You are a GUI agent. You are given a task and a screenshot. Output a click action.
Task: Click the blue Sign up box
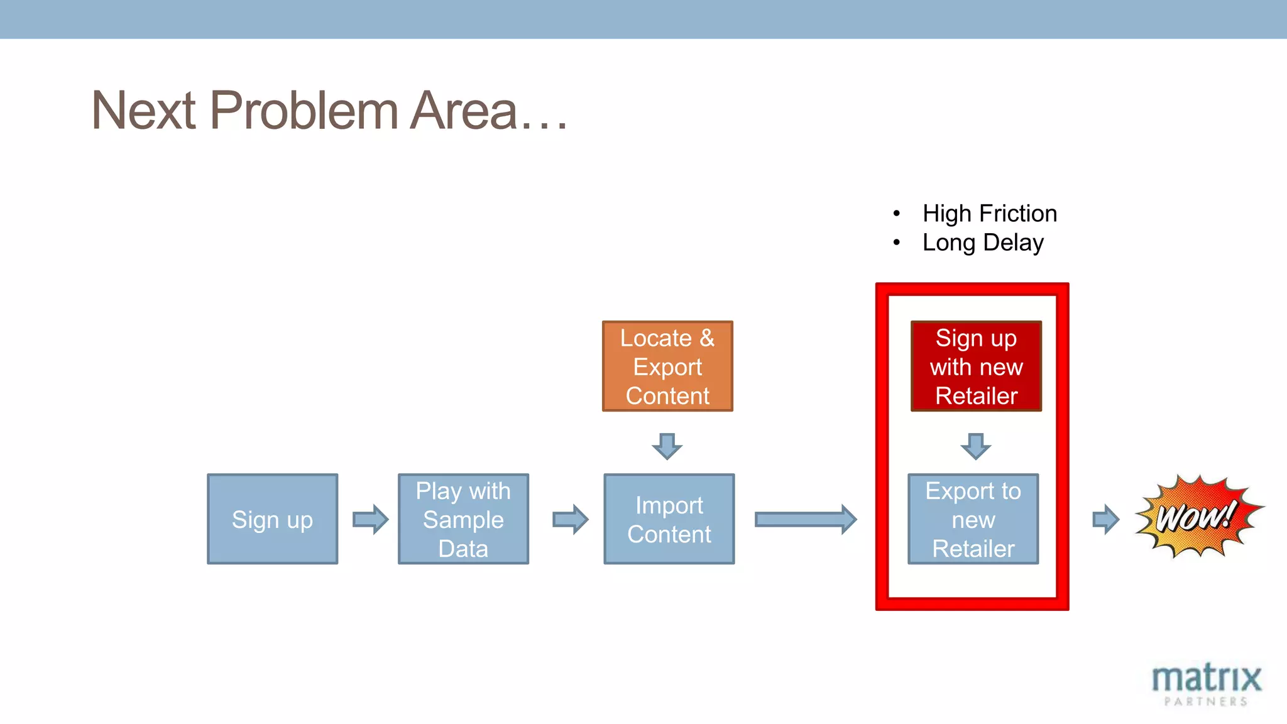(x=272, y=519)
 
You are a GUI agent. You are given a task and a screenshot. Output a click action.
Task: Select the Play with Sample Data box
(x=463, y=519)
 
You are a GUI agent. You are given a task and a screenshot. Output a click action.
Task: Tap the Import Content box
(x=669, y=519)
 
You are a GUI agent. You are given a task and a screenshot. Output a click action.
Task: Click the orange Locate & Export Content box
(x=667, y=366)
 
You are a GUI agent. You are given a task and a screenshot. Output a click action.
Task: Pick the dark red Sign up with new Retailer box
(x=976, y=366)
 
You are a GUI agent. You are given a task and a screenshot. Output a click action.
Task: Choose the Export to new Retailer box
(x=973, y=519)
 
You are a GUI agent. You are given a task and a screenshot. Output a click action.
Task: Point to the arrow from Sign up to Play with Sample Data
(x=371, y=519)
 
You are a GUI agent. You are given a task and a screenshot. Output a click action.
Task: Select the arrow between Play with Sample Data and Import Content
(x=571, y=519)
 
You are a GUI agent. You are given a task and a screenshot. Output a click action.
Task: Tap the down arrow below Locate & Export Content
(x=667, y=446)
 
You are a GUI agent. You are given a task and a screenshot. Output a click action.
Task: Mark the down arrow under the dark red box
(x=975, y=446)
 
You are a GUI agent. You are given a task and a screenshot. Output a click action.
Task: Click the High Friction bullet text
(x=989, y=214)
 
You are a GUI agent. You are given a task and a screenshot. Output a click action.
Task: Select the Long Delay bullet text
(x=982, y=243)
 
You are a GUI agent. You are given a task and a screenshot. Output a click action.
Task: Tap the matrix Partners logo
(x=1206, y=684)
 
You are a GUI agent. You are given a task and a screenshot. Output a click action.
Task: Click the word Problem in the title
(x=304, y=111)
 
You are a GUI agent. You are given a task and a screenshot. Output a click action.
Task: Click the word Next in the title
(x=144, y=111)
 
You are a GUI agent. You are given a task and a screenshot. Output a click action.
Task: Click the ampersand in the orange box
(x=707, y=338)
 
